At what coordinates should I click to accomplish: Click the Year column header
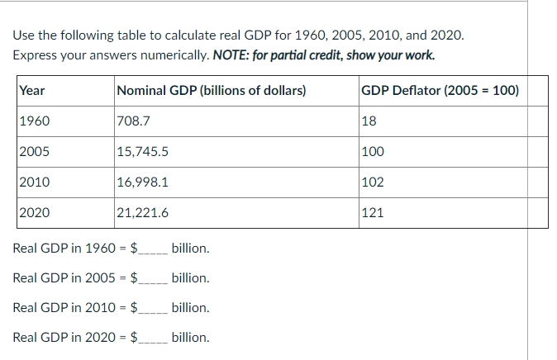point(32,91)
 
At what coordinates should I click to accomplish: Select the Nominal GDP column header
point(212,91)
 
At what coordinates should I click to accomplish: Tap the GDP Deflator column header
point(440,91)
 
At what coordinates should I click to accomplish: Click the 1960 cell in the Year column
point(35,121)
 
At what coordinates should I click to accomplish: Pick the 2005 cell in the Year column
point(35,152)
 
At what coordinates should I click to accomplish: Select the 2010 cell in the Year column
point(35,182)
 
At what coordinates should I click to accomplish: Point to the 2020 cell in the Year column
point(35,212)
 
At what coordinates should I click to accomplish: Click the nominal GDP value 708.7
point(133,121)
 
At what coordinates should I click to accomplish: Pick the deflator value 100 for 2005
point(373,152)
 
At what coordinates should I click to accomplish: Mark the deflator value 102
point(373,182)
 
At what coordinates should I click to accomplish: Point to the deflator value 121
point(373,212)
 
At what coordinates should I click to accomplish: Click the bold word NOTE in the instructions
point(231,55)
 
